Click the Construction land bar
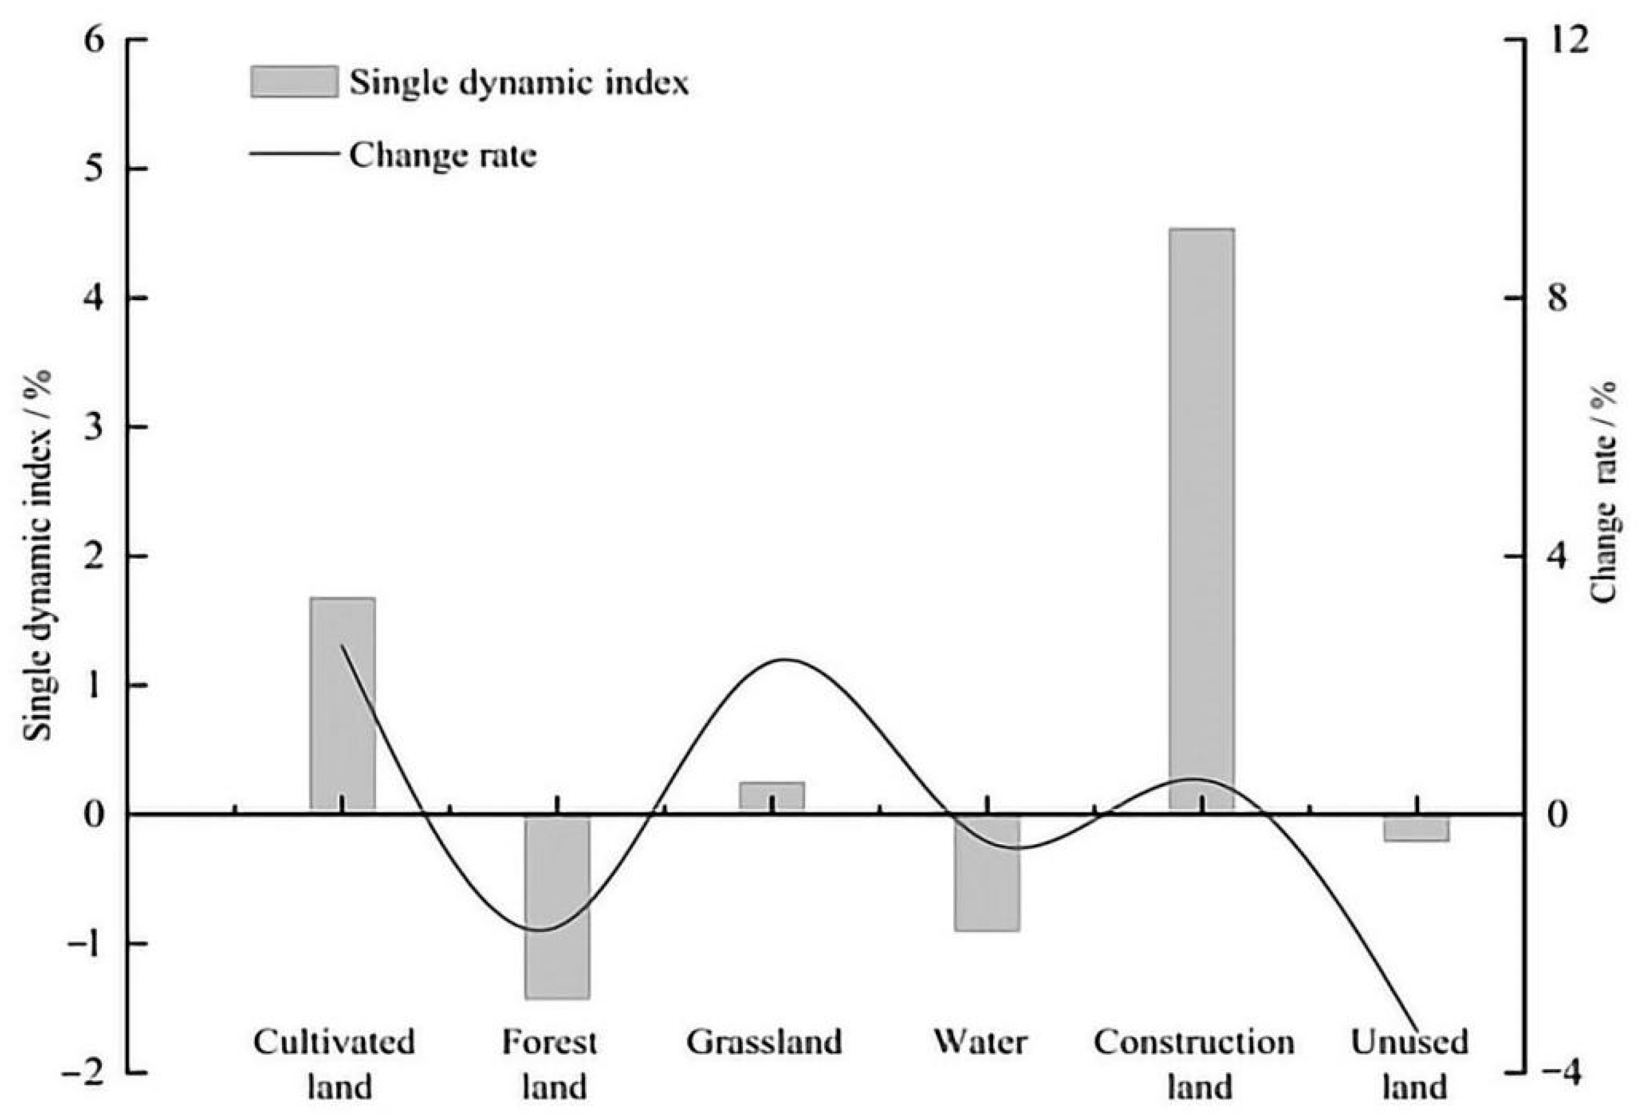click(1201, 519)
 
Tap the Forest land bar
click(557, 907)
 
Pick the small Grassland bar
click(771, 796)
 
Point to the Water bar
click(987, 873)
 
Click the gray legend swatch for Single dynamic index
click(294, 82)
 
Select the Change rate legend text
click(443, 154)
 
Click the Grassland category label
click(765, 1042)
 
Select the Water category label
click(981, 1042)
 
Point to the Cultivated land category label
click(335, 1063)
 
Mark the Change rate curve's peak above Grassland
click(785, 660)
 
